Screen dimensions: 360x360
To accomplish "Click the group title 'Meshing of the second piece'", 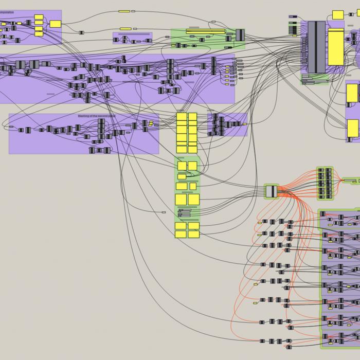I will point(97,116).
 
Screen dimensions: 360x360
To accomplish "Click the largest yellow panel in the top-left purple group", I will point(55,24).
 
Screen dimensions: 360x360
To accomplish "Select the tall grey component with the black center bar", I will point(316,47).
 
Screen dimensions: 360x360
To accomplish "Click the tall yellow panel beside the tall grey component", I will point(336,47).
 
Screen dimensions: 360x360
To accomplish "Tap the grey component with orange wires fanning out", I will point(271,191).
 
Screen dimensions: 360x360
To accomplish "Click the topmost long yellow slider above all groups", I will point(124,11).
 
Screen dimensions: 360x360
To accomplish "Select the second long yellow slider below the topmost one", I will point(125,29).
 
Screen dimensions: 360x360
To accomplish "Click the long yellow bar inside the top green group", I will point(205,32).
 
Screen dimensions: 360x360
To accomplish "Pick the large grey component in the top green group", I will point(240,35).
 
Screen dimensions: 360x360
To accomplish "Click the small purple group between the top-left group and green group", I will point(132,38).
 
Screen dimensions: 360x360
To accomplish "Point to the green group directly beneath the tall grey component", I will point(314,79).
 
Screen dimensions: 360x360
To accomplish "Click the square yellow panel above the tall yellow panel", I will point(337,14).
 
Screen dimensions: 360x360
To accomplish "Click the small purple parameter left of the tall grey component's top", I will point(293,17).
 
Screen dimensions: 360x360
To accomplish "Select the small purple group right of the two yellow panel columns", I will point(227,124).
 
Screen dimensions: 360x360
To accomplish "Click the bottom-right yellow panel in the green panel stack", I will point(194,235).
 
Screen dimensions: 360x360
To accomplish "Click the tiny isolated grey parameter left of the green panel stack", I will point(164,212).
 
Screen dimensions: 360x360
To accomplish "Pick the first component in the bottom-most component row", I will point(262,341).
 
